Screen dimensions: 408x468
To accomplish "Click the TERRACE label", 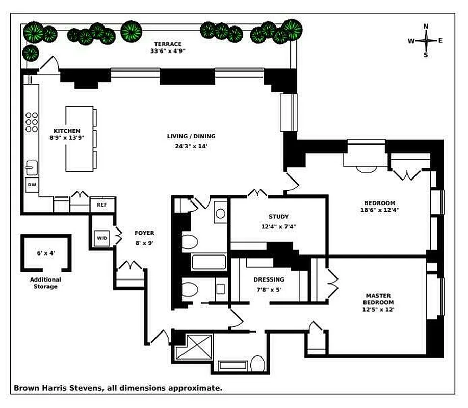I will [166, 44].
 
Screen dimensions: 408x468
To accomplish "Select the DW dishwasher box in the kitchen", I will [32, 185].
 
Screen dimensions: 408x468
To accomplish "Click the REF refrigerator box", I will [101, 205].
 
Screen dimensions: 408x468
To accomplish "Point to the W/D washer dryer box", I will [101, 238].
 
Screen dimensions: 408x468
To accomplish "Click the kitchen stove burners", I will [32, 122].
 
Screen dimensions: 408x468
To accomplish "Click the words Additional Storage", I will [45, 283].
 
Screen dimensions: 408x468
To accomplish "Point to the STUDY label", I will [278, 216].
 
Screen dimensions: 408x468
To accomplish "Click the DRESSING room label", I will [269, 279].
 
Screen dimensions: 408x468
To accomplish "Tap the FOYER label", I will [144, 233].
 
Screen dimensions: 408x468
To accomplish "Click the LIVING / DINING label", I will [191, 136].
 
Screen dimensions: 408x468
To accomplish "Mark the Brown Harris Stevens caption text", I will [117, 388].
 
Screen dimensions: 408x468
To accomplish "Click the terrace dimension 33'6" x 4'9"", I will [166, 51].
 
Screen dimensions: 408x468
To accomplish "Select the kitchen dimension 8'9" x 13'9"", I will [66, 138].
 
